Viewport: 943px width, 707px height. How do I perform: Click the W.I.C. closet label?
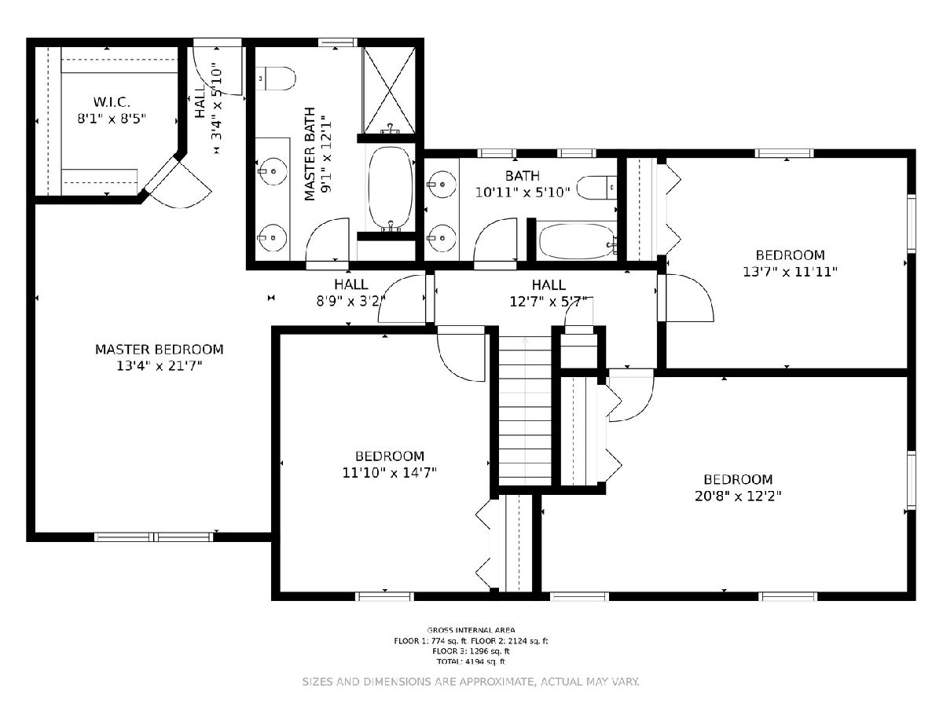(x=112, y=102)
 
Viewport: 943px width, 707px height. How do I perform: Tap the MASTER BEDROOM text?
(x=160, y=350)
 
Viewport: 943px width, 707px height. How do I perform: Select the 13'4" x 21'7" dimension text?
(x=160, y=366)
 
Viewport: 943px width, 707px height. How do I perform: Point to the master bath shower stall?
(x=389, y=90)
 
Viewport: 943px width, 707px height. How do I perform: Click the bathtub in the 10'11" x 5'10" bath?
(x=577, y=241)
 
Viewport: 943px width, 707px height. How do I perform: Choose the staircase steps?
(x=525, y=411)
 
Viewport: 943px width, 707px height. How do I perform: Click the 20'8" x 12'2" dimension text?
(x=738, y=496)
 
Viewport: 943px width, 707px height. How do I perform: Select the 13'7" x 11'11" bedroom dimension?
(x=791, y=272)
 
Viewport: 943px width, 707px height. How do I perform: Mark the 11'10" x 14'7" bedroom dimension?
(x=390, y=473)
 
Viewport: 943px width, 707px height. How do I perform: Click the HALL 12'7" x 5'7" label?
(x=549, y=293)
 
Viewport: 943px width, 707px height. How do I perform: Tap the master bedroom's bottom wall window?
(x=154, y=537)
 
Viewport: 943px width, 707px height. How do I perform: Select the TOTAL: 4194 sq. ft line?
(x=471, y=661)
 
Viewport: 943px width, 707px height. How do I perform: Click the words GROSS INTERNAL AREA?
(x=471, y=630)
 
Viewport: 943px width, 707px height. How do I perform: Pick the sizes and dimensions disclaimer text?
(x=471, y=682)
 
